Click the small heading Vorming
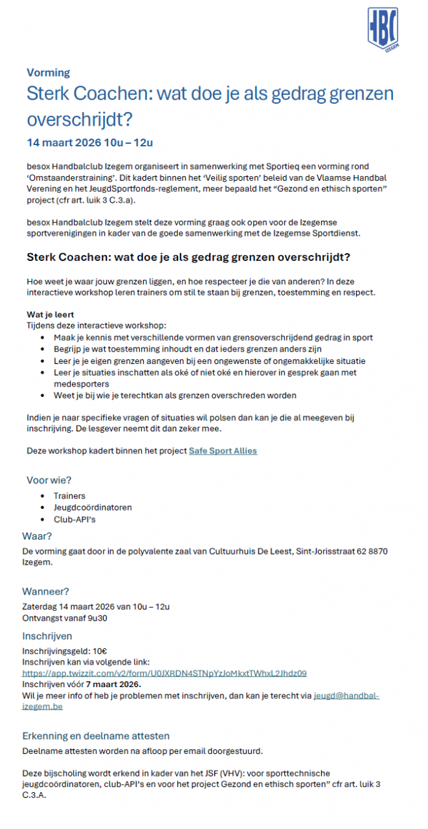(49, 73)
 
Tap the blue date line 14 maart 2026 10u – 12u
(90, 142)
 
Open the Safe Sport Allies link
(223, 451)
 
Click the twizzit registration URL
(164, 674)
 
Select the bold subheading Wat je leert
(51, 315)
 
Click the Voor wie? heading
(49, 480)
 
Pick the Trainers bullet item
(69, 496)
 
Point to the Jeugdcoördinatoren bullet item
(93, 508)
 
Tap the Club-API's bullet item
(75, 519)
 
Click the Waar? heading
(37, 536)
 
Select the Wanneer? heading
(45, 591)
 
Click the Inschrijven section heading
(47, 636)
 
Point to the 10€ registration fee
(100, 652)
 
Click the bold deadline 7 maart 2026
(108, 685)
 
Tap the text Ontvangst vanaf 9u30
(65, 618)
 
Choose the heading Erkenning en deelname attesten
(96, 736)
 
